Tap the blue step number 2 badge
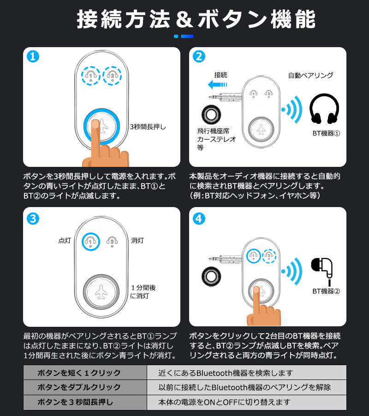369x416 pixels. (199, 57)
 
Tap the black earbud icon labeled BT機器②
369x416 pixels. (323, 268)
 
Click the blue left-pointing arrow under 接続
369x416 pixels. (217, 85)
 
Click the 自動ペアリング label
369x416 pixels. (310, 75)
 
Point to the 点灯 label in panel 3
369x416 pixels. (65, 240)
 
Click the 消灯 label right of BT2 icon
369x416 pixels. (137, 240)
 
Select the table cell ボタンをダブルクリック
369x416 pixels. (85, 387)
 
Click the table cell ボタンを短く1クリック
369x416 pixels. (85, 373)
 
